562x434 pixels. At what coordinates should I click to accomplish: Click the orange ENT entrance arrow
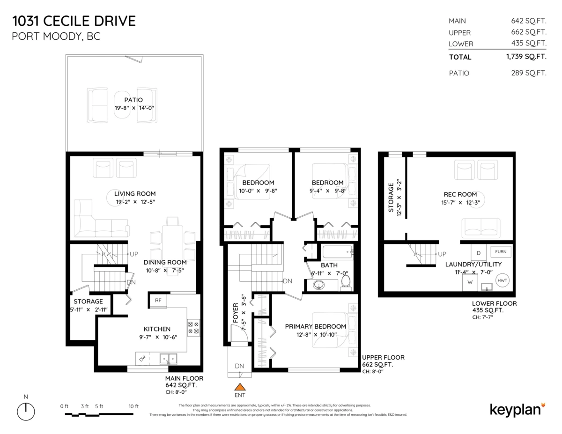240,387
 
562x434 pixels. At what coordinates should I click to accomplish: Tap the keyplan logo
517,409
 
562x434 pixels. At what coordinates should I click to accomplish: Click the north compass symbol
26,411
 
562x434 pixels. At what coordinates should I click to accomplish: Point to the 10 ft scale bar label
133,406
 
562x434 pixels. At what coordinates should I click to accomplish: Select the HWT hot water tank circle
502,280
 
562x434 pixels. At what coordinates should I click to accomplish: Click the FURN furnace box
501,252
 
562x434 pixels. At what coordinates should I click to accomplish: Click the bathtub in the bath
337,253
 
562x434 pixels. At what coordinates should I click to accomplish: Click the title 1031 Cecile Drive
74,21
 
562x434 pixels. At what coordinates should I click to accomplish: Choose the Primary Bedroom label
315,326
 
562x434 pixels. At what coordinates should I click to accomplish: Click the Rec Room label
460,194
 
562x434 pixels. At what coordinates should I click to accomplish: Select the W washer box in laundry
470,282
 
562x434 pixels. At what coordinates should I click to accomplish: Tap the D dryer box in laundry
478,253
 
